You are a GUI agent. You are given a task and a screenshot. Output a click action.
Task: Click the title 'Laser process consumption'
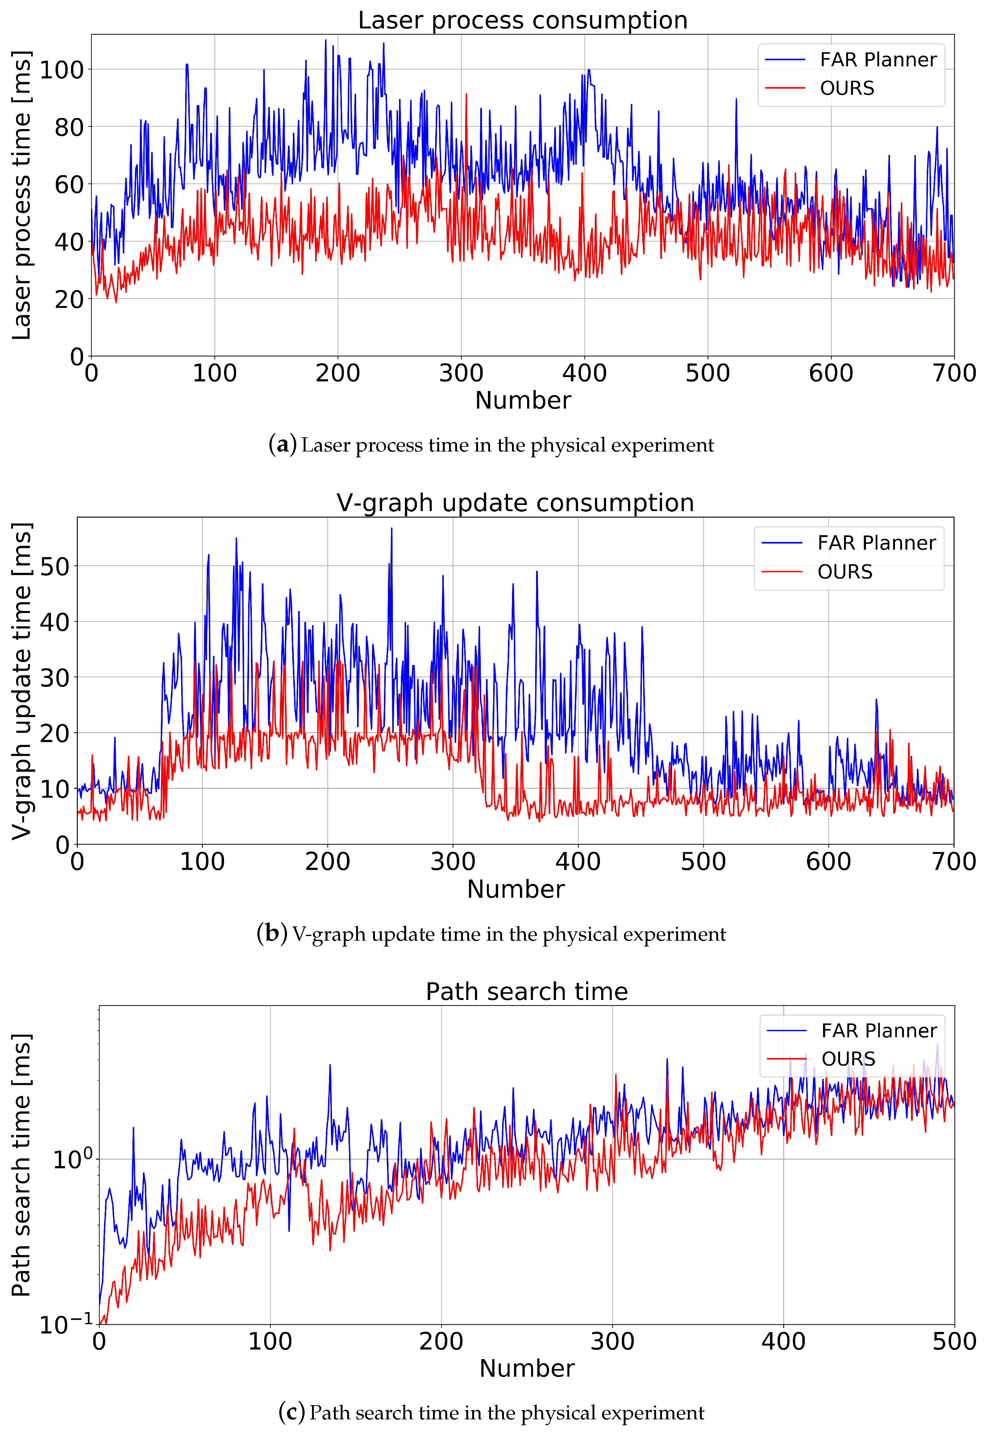tap(523, 20)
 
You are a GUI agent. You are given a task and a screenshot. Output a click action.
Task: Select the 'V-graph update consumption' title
tap(515, 503)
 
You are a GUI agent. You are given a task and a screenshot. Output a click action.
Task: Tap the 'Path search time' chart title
tap(526, 991)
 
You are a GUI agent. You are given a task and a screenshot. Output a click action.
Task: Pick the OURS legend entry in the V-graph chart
tap(845, 572)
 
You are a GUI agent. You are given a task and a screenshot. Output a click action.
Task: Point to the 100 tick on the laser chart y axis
tap(62, 70)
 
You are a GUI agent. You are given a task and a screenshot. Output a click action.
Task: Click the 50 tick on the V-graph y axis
tap(55, 566)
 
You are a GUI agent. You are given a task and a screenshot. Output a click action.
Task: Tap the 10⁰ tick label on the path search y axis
tap(72, 1159)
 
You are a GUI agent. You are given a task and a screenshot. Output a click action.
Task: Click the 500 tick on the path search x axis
tap(954, 1342)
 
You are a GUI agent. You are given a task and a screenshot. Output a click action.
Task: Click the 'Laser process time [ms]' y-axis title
tap(22, 195)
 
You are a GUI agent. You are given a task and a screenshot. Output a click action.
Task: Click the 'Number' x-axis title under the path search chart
tap(526, 1368)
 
